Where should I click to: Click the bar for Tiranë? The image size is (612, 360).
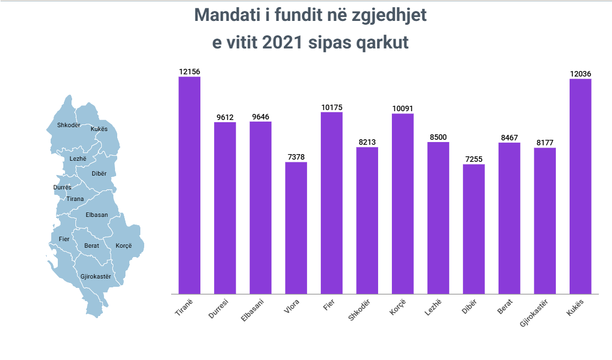189,185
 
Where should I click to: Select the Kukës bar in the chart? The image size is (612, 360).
580,186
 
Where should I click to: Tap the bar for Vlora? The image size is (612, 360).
296,228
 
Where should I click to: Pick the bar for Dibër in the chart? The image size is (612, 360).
474,229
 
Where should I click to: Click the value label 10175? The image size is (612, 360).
332,107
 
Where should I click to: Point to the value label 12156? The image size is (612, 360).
189,72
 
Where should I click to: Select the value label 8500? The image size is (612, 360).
438,137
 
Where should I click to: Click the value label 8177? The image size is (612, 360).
545,143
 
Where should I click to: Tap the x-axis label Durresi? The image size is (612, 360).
219,309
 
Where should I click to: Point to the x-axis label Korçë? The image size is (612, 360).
398,307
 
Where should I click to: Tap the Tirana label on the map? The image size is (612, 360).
75,199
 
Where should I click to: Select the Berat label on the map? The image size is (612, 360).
92,246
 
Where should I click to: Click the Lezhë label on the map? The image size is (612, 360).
78,159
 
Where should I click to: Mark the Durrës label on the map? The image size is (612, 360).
62,187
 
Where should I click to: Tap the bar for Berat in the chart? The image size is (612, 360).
509,218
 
